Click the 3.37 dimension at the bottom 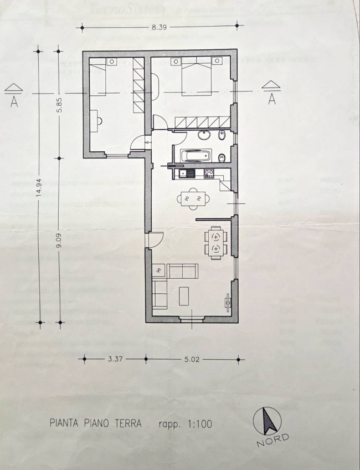(115, 359)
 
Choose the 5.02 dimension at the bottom (192, 359)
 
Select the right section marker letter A (271, 98)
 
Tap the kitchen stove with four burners (209, 173)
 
